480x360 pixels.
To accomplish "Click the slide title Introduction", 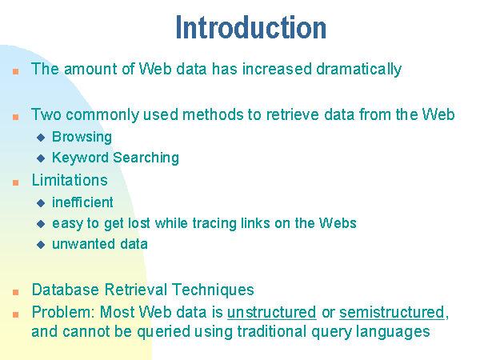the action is point(251,27).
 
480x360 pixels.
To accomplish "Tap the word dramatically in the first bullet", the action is point(358,70).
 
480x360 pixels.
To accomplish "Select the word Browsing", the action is point(82,137).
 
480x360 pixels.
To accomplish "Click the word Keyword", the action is point(80,158).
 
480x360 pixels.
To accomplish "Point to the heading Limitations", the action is point(70,180).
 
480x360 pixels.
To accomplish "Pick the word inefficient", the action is point(82,202).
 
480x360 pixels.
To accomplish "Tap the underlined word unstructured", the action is point(272,313).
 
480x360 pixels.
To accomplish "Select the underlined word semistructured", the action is point(392,313).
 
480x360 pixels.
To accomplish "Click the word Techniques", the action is point(213,290).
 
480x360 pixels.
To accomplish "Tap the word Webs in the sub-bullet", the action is point(338,223).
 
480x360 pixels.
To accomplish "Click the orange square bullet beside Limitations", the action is point(16,182).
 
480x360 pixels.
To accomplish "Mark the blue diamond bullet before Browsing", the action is point(41,138).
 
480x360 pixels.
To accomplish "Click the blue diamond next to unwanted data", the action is point(41,245).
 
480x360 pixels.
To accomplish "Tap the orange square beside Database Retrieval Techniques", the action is point(16,292).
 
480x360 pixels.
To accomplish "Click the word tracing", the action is point(214,224).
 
